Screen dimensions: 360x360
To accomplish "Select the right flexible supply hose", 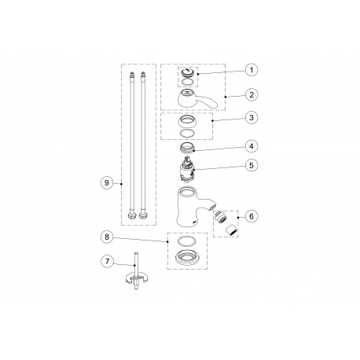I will [x=145, y=145].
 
